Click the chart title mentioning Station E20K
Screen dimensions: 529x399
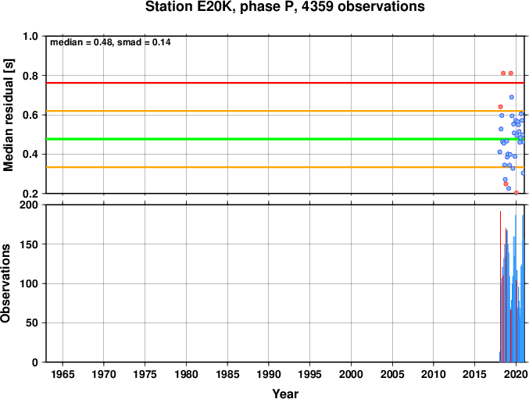pyautogui.click(x=284, y=6)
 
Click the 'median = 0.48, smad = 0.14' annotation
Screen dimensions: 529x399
pyautogui.click(x=110, y=42)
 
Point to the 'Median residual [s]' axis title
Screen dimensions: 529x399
pyautogui.click(x=8, y=115)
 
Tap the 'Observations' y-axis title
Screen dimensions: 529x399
pyautogui.click(x=5, y=283)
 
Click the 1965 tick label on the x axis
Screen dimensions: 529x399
pyautogui.click(x=63, y=374)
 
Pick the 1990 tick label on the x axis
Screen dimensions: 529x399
pyautogui.click(x=269, y=374)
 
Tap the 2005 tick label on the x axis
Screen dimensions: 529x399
pyautogui.click(x=392, y=374)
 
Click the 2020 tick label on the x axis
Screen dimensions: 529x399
pyautogui.click(x=516, y=374)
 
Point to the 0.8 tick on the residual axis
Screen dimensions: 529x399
pyautogui.click(x=30, y=76)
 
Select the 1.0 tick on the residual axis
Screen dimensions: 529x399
pyautogui.click(x=30, y=36)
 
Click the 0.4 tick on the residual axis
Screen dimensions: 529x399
pyautogui.click(x=30, y=155)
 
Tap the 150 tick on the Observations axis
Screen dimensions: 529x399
pyautogui.click(x=28, y=244)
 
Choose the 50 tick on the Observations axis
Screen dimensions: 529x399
pyautogui.click(x=32, y=322)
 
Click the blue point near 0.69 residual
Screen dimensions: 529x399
pyautogui.click(x=512, y=97)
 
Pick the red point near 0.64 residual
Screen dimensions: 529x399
pyautogui.click(x=500, y=107)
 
